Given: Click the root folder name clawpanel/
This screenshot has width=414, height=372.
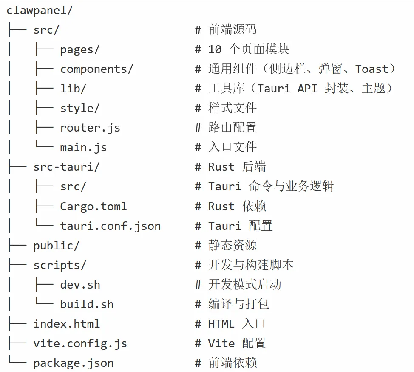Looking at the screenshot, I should [40, 10].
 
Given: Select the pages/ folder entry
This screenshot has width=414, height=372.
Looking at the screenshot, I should [79, 49].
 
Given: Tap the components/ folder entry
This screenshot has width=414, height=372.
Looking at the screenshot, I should [96, 69].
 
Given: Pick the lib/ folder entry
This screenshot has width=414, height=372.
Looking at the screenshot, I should [73, 89].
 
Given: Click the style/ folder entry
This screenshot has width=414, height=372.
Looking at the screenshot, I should [79, 108].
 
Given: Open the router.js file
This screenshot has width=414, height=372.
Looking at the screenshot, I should [90, 128].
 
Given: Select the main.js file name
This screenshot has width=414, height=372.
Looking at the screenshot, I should [83, 147].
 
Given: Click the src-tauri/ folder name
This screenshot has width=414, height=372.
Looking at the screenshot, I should [66, 167].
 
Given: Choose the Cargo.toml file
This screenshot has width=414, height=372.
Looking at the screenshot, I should [94, 206].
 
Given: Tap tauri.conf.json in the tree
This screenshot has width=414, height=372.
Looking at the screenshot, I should [111, 226].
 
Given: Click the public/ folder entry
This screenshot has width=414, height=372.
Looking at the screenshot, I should [56, 246].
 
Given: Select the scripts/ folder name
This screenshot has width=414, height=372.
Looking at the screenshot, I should [60, 265].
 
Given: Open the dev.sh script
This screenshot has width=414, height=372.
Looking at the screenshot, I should [80, 285].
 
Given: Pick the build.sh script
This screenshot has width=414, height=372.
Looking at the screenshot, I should [87, 304].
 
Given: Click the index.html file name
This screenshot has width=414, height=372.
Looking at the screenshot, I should [66, 324].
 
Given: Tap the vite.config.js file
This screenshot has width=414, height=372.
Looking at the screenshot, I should [80, 343].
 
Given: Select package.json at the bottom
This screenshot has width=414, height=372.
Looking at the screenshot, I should [73, 363].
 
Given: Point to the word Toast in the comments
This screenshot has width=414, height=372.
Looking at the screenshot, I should [372, 69].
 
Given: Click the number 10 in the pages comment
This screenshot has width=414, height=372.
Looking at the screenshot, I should [215, 49].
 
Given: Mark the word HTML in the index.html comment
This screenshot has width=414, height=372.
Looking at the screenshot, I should [221, 324].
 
